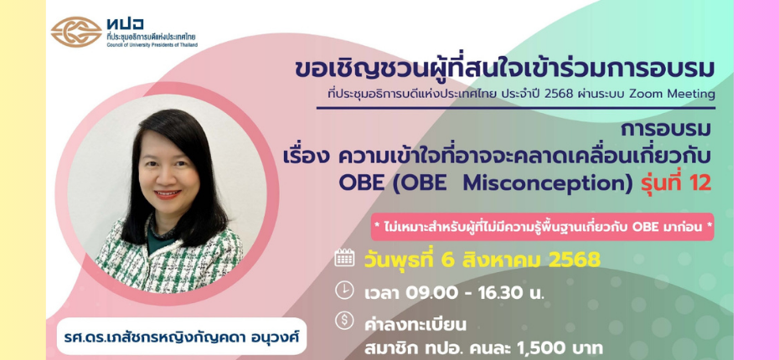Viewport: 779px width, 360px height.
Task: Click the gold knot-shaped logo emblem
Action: [76, 32]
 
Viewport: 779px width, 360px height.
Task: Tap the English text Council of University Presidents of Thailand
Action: [152, 44]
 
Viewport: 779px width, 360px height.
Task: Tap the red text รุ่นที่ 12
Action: [674, 182]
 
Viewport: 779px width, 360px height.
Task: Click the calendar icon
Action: [344, 258]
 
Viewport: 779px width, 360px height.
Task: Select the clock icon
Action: [344, 291]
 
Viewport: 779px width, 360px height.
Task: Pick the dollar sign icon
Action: [344, 321]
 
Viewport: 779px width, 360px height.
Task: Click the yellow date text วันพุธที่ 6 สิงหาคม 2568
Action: [482, 260]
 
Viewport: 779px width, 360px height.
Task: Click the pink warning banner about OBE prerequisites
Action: [543, 227]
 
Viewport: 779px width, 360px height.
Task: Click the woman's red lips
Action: [168, 194]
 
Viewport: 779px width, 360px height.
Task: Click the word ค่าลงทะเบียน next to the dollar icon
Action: [415, 326]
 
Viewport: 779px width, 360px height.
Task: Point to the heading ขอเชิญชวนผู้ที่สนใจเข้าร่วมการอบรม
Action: [505, 70]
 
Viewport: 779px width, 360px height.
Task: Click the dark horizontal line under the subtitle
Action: [516, 107]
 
